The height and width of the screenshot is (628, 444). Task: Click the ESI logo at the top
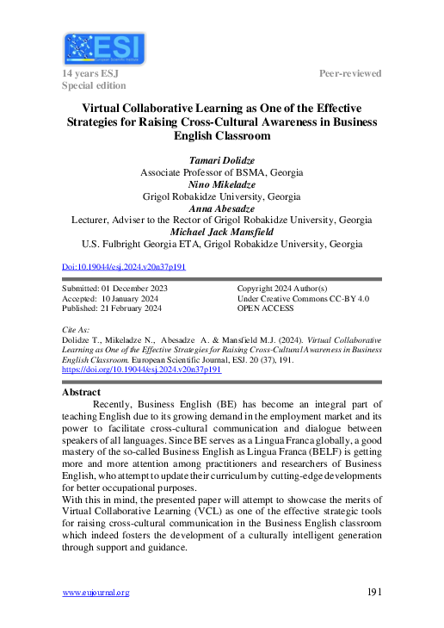point(104,48)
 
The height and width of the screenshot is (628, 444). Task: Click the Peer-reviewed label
point(350,74)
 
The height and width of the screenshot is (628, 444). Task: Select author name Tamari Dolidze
point(222,160)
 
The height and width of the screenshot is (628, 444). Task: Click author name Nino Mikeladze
point(222,184)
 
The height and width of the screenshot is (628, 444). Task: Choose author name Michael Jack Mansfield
point(222,232)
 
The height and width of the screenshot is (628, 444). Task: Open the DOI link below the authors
point(125,267)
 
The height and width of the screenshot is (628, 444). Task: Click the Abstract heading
point(82,392)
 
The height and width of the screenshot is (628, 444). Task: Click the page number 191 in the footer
point(373,592)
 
